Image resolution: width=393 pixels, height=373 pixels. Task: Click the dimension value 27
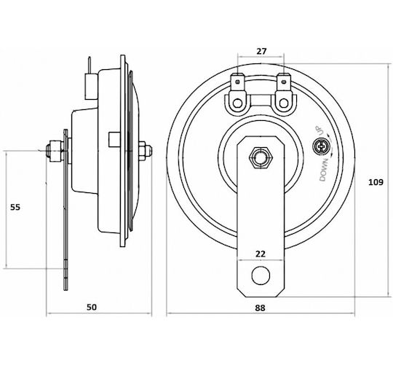pos(261,51)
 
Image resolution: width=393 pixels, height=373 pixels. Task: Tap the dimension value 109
pos(376,182)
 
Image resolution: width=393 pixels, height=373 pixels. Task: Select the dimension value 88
pos(260,307)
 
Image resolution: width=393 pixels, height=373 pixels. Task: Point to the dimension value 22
pos(260,254)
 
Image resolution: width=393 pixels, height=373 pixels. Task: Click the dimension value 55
pos(15,207)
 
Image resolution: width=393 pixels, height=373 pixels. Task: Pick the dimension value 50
pos(92,307)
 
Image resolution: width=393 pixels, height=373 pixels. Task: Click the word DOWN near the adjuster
pos(324,170)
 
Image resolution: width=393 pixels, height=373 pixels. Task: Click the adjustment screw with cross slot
pos(320,146)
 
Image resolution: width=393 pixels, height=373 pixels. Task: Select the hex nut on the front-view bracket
pos(261,158)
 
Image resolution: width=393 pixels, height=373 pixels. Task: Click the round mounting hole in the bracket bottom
pos(261,275)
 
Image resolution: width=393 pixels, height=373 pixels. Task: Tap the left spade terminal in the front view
pos(237,82)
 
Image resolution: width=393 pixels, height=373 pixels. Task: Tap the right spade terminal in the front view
pos(284,82)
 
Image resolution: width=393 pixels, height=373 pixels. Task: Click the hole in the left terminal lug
pos(237,103)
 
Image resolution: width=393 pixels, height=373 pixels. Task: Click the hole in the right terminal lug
pos(284,103)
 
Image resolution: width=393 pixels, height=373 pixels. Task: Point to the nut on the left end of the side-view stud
pos(56,151)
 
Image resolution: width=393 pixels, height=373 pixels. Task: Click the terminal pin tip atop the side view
pos(90,58)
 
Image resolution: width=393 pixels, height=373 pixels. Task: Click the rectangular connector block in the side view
pos(91,87)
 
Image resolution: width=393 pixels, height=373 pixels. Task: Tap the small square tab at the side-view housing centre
pos(114,140)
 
